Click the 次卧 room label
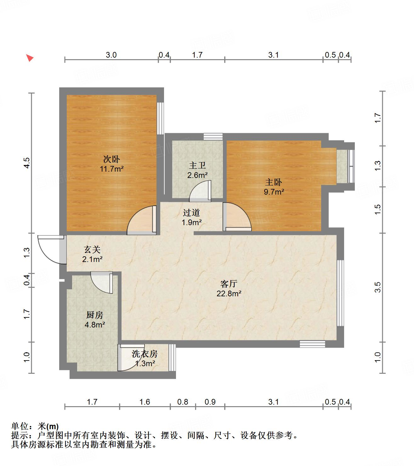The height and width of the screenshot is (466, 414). pos(111,159)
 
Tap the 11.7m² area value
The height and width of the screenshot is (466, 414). pos(111,169)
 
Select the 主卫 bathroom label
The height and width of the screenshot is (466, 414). pos(197,166)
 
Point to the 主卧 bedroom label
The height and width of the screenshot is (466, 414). pos(274,182)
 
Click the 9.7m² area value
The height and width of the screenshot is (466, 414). pos(274,192)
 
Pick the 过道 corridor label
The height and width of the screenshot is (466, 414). pos(191,213)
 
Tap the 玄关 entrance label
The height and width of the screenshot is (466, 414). pos(92,250)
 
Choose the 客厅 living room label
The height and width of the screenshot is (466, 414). pos(229,284)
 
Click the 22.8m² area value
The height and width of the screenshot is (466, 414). pos(229,294)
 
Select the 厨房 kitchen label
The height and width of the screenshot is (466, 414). pos(94,315)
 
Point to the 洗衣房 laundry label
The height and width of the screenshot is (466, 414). pos(145,354)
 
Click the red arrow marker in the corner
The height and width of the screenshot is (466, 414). pos(30,58)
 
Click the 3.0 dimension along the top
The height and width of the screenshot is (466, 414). pos(111,55)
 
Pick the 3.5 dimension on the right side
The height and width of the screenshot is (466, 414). pos(378,287)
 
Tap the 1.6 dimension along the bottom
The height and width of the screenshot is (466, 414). pos(145,402)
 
